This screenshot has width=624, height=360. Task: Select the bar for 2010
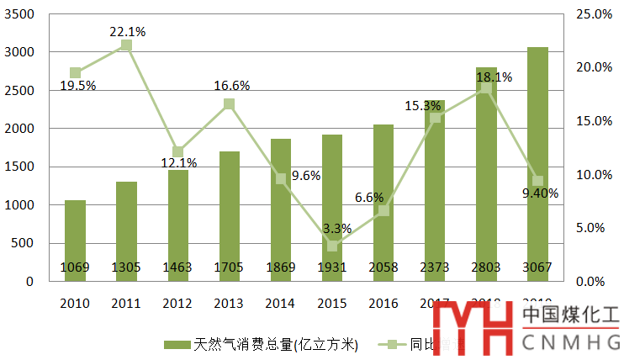75,241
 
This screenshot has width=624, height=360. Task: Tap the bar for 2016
383,203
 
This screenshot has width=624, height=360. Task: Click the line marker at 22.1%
126,45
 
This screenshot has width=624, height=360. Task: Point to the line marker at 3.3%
332,246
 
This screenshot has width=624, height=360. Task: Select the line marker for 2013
229,104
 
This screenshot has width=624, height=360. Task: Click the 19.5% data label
78,86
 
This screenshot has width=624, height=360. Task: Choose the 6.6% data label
369,198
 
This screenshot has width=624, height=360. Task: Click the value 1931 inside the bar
332,267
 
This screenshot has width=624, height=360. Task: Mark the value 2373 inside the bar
434,267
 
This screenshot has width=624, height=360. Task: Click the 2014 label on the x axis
281,302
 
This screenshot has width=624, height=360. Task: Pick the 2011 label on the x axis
126,302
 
